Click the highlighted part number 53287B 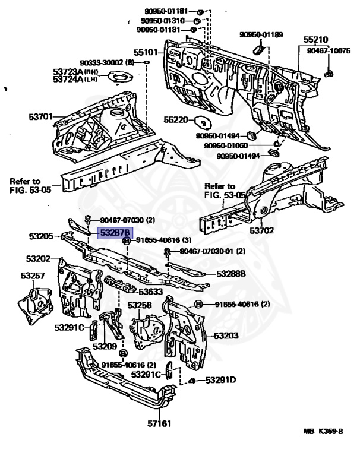(x=116, y=233)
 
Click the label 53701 (x=42, y=117)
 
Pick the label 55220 (x=177, y=120)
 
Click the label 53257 (x=33, y=275)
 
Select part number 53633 (x=151, y=292)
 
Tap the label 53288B (x=231, y=274)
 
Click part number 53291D (x=221, y=380)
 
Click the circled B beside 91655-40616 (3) (x=127, y=240)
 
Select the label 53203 (x=226, y=335)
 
